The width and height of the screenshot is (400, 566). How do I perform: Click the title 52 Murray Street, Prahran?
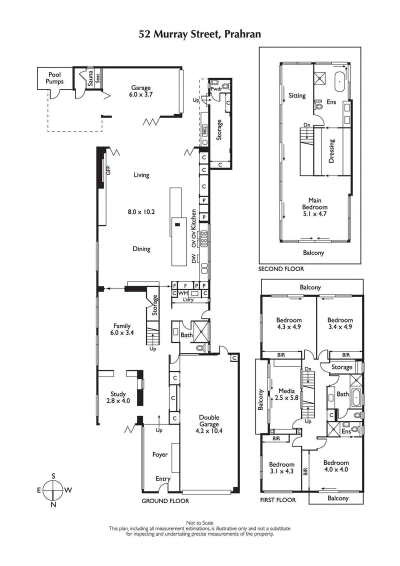coord(200,34)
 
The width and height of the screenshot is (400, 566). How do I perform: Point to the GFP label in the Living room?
coord(107,171)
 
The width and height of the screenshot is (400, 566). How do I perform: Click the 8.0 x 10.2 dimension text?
coord(141,212)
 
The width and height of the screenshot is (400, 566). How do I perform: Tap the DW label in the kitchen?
coord(192,258)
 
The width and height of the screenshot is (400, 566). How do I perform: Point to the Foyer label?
coord(160,454)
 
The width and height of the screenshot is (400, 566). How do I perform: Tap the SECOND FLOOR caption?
coord(280,269)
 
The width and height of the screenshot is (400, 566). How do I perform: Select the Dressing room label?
coord(331,151)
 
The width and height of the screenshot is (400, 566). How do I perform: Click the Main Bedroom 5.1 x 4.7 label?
coord(314,207)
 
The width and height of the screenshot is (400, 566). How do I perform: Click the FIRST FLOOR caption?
coord(278,500)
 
